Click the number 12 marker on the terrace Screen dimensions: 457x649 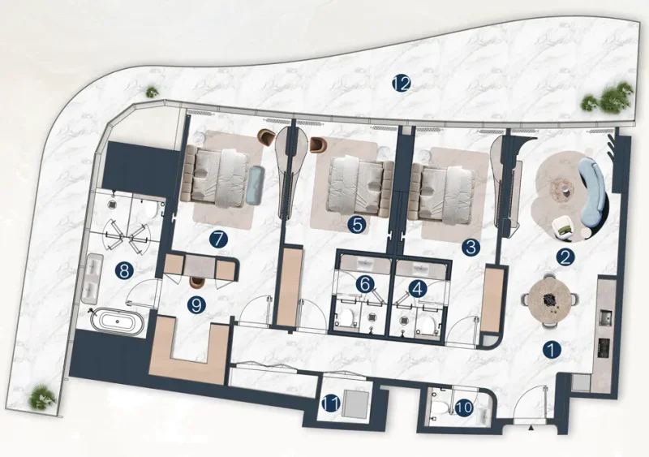point(399,83)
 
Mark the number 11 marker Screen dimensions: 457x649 point(331,403)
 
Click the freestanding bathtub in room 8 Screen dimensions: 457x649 point(118,321)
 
